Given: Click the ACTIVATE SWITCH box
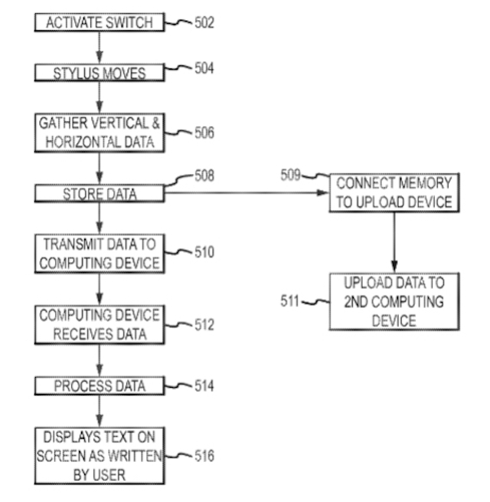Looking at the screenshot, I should point(100,24).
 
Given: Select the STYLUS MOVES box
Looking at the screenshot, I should point(100,73).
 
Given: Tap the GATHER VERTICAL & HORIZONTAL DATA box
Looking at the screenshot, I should point(100,131).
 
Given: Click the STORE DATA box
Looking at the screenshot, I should point(100,194).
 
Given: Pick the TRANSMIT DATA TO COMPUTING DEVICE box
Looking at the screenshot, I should point(100,254).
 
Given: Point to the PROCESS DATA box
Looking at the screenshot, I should point(100,386).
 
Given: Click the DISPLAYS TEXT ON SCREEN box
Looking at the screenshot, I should point(100,455).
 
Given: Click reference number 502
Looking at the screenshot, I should point(204,23).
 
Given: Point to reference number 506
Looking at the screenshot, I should point(204,133).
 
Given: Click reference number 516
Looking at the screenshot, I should point(204,457).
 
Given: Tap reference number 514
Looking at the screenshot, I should point(204,386).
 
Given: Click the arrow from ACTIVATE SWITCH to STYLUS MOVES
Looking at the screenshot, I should point(100,48).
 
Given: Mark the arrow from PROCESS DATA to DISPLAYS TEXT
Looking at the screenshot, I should point(100,412).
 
